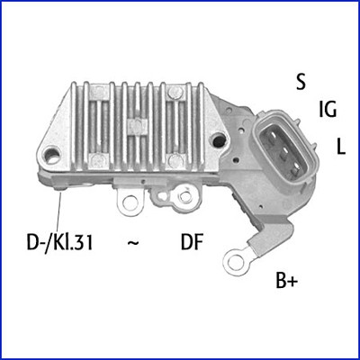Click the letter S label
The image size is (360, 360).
301,81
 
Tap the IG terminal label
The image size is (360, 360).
328,111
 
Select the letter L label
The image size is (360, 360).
341,146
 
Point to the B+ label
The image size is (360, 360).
286,282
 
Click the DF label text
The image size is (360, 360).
192,242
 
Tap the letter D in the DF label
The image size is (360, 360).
186,242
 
